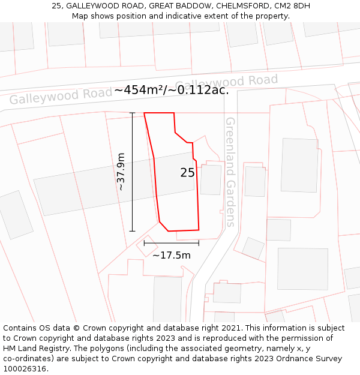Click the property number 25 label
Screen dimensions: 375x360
point(187,173)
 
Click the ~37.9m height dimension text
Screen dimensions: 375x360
point(121,172)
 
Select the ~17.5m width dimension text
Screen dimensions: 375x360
point(172,255)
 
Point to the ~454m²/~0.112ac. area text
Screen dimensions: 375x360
point(172,90)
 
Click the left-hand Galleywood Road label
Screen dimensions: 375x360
point(60,96)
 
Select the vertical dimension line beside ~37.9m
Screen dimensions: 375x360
point(132,172)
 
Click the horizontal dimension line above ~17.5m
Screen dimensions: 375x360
point(172,243)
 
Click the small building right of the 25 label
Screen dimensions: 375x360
point(211,180)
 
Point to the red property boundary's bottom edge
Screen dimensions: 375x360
point(183,230)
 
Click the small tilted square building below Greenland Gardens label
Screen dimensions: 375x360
point(253,248)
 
